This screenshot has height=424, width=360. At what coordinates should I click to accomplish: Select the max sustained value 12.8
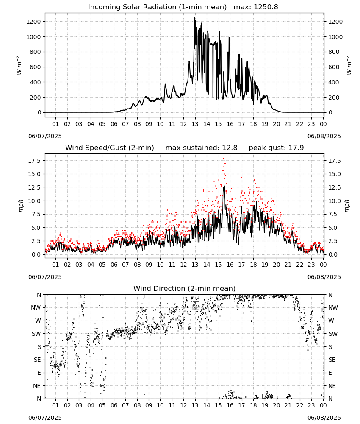coord(230,148)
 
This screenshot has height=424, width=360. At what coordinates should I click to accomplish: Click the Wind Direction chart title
coord(185,288)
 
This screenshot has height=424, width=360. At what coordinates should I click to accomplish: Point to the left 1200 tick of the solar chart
coord(33,22)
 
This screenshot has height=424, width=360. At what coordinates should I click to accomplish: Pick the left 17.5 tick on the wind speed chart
coord(34,161)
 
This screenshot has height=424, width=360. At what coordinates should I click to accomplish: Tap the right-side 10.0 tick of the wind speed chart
coord(334,201)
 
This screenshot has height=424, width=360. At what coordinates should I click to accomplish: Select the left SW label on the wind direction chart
coord(36,334)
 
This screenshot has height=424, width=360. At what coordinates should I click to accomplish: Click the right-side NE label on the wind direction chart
coord(332,386)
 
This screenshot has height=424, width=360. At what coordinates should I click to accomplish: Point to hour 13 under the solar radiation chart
coord(195,124)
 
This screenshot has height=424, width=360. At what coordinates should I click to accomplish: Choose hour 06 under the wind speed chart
coord(114,265)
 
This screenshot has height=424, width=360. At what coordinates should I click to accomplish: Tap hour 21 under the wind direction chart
coord(288,405)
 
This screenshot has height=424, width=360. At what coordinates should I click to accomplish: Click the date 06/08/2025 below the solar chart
coord(324,136)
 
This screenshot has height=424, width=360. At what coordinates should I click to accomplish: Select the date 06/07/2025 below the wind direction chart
coord(45,418)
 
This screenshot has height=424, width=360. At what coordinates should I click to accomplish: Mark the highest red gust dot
coord(223,158)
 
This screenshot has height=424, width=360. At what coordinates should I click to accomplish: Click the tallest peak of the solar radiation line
coord(194,17)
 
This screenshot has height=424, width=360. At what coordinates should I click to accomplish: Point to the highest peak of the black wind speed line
coord(224,186)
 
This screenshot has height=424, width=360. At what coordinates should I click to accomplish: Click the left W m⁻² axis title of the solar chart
coord(19,65)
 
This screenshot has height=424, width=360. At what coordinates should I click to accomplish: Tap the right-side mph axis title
coord(347,206)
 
